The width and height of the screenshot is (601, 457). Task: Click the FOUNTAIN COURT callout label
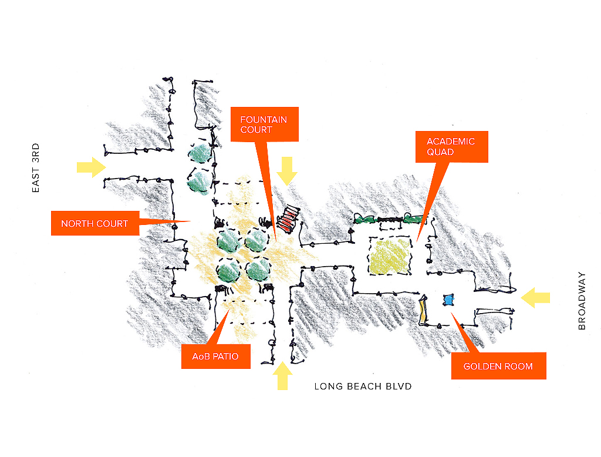264,124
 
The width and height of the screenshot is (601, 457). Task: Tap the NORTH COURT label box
94,223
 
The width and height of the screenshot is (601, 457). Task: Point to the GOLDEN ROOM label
498,366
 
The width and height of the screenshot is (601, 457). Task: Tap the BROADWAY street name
582,300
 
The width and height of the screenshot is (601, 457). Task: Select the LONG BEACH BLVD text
363,386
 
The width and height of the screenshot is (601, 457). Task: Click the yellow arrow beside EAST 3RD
91,167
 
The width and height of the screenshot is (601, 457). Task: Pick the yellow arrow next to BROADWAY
535,298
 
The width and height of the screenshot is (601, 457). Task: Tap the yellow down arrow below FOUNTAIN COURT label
288,171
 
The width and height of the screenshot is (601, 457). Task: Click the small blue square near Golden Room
449,300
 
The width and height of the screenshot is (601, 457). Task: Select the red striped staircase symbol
287,221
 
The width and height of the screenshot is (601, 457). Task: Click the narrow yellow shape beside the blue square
423,310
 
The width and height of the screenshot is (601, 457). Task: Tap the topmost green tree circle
201,153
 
